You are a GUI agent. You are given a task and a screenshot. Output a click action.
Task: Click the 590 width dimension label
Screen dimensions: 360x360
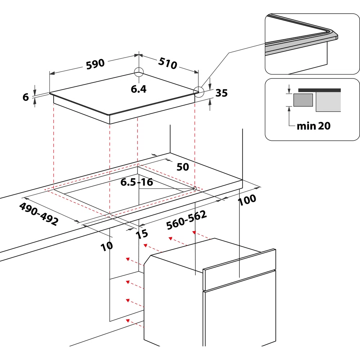pos(95,64)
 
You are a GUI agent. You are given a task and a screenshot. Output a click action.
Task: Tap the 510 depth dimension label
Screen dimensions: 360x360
pos(168,63)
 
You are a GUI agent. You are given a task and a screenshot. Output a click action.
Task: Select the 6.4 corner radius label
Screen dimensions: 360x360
pos(139,89)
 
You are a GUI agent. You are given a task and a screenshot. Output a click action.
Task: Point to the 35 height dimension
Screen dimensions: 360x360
pos(221,93)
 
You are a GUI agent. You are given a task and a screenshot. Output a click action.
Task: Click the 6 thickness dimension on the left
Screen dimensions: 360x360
pos(26,97)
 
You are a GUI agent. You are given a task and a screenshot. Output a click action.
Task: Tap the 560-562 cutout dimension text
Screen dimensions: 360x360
pos(186,220)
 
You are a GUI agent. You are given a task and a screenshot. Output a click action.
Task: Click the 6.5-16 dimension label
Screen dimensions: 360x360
pos(136,182)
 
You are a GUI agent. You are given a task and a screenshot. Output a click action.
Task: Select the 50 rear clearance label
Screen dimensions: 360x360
pos(183,167)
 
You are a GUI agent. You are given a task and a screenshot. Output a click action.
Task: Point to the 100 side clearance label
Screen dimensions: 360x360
pos(247,200)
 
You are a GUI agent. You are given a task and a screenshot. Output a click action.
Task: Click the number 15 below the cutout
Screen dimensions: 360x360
pos(142,234)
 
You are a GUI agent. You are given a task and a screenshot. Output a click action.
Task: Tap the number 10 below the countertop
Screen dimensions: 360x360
pos(107,246)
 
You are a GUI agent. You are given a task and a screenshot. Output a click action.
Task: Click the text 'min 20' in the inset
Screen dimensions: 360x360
pos(314,126)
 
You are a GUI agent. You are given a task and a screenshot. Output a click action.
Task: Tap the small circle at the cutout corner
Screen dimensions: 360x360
pos(195,189)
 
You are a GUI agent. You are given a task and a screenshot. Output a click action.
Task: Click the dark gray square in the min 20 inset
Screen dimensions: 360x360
pos(303,100)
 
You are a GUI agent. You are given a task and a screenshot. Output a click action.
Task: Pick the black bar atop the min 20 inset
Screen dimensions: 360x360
pos(319,90)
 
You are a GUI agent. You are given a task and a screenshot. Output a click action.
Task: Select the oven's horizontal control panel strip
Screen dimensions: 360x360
pos(239,270)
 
